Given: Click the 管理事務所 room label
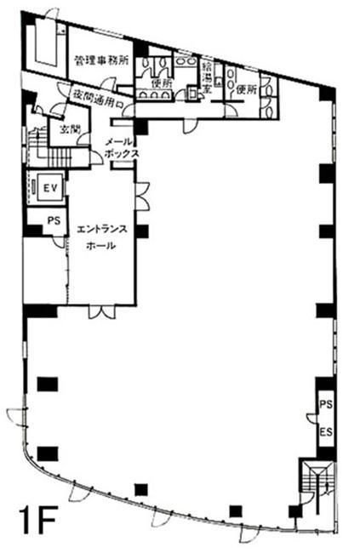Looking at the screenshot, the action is point(101,60).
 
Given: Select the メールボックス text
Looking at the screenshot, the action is point(122,148).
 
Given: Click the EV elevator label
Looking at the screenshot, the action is point(50,188).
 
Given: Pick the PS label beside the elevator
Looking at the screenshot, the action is point(54,221).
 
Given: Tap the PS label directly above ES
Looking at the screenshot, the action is point(326,404).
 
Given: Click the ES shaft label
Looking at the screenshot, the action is point(326,432).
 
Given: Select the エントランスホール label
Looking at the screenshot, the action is point(101,237).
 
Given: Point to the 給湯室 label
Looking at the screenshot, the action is point(207,77).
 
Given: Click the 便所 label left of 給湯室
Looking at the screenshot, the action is point(162,84).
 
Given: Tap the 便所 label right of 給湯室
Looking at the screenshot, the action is point(246,90).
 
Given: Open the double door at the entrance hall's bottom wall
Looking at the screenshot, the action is point(102,311).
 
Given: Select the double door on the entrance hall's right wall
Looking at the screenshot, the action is point(143,196).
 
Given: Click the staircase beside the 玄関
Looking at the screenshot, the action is point(49,147).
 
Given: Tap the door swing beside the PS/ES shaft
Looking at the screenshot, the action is point(312,417).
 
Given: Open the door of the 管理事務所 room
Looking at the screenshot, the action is point(108,84).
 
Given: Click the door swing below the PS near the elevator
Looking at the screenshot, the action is point(59,242).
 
